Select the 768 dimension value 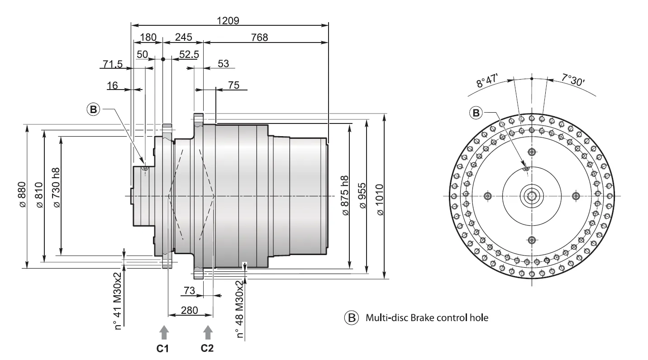pos(259,38)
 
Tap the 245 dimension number pos(183,38)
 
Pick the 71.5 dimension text pos(112,64)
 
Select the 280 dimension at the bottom pos(190,311)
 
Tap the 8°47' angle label pos(486,82)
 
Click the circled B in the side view pos(93,109)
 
